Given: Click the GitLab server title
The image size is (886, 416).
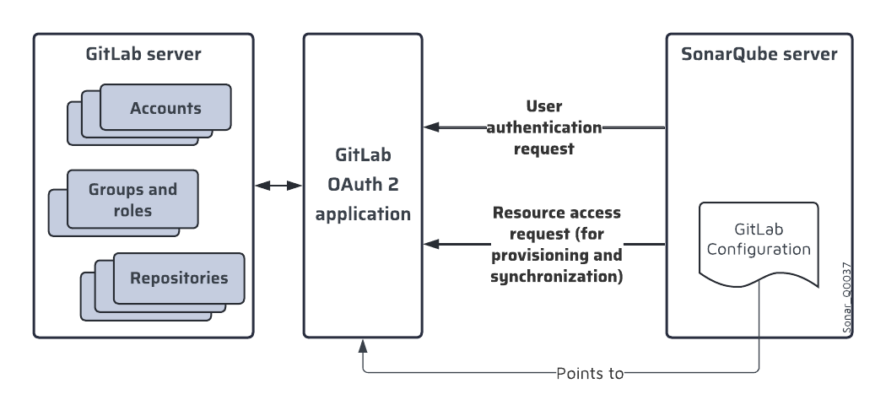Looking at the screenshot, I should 143,56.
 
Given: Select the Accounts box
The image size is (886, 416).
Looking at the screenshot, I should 165,108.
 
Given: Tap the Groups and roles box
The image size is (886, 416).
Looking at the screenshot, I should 133,200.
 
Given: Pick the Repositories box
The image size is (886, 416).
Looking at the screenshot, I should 178,278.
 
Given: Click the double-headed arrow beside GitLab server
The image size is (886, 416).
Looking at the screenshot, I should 278,184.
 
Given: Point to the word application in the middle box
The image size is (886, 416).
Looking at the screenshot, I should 363,213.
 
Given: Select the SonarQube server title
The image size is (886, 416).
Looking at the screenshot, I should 759,56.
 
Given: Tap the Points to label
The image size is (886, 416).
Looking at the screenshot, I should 590,372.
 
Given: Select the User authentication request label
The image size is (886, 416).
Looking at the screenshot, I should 543,128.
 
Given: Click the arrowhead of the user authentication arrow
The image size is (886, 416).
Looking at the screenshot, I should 429,127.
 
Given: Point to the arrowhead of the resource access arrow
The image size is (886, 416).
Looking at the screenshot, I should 429,245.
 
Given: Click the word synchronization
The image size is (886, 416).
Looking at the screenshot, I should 556,276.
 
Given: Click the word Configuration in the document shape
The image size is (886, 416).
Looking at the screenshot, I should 759,250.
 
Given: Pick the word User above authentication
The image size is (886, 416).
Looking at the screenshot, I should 543,107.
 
